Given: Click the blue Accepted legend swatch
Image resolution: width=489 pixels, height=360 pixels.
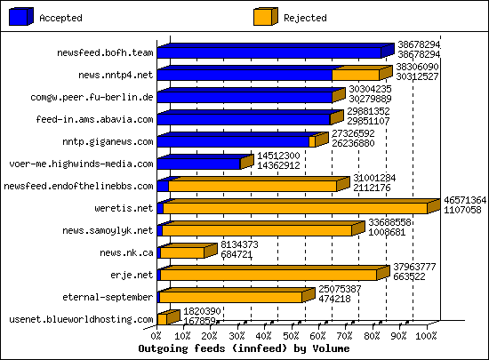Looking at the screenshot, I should pos(20,16).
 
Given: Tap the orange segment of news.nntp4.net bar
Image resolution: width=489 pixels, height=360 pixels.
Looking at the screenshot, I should pos(356,75).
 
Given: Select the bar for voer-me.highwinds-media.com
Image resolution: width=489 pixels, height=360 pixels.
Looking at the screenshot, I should pos(198,163).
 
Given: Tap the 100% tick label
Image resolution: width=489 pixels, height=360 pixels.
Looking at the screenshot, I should pos(427,336).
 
